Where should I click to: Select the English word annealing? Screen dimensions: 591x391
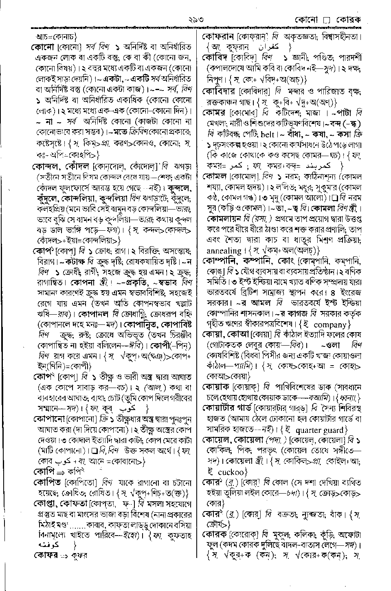click(x=224, y=251)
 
